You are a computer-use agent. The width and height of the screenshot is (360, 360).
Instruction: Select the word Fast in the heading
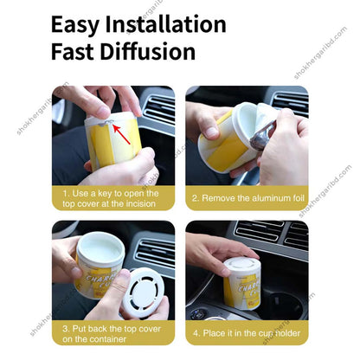[76, 52]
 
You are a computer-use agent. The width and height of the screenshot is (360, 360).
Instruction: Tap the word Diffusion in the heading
[149, 52]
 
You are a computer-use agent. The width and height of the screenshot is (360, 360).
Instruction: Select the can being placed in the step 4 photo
[243, 281]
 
